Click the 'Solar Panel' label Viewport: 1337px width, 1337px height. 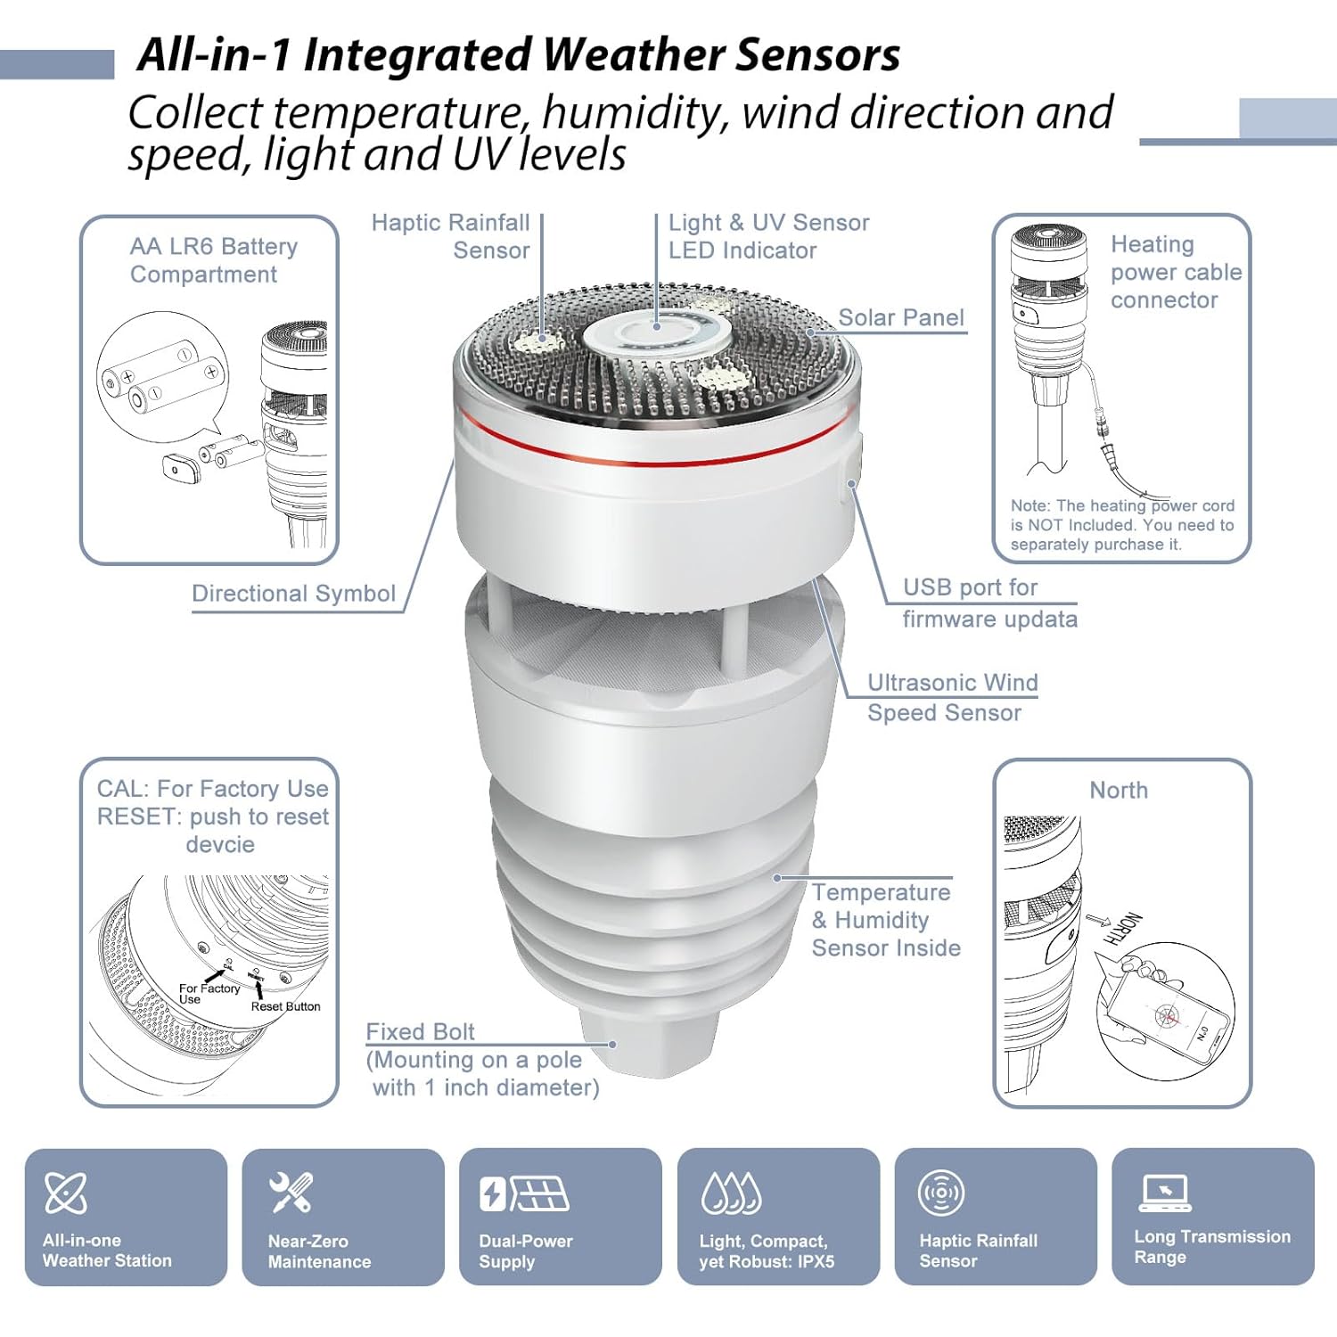click(x=901, y=317)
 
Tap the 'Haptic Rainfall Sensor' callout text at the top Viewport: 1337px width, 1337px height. click(x=451, y=236)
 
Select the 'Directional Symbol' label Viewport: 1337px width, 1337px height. click(x=293, y=594)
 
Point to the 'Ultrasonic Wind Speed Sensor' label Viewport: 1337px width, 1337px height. click(x=952, y=697)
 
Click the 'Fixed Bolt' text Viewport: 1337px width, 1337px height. click(x=420, y=1031)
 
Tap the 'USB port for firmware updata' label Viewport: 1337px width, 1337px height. click(x=988, y=603)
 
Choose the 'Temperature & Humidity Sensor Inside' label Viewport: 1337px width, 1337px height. click(x=885, y=920)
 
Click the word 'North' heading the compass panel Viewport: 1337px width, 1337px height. click(x=1119, y=791)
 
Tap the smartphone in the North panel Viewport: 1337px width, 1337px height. click(x=1169, y=1017)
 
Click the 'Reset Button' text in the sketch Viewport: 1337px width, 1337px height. click(x=285, y=1006)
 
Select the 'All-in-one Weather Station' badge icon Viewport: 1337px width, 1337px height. click(x=66, y=1193)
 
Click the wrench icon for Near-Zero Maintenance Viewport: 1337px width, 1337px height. click(x=291, y=1193)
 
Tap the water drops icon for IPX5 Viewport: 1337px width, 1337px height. click(x=731, y=1193)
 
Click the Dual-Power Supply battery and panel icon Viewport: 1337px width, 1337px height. click(x=524, y=1193)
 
